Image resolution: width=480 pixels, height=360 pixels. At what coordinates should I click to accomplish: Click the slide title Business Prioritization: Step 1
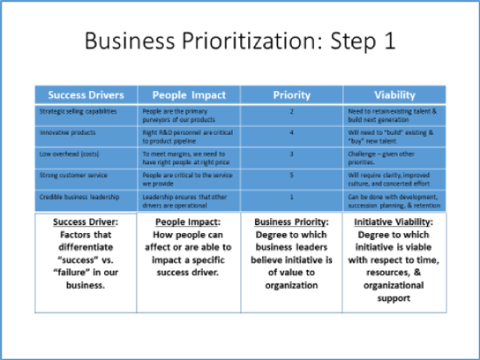240,42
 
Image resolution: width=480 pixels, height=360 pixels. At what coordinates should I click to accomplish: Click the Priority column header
292,94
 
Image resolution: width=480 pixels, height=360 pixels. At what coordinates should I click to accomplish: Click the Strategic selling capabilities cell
77,111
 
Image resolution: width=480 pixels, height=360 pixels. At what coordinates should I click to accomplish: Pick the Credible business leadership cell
77,195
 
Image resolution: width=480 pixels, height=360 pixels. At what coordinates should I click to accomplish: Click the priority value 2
292,112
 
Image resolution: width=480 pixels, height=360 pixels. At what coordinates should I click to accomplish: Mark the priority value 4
292,132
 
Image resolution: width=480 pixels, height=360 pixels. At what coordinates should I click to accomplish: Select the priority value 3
292,154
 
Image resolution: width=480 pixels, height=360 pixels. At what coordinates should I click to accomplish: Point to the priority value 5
292,175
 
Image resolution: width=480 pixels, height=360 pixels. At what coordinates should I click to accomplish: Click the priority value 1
292,195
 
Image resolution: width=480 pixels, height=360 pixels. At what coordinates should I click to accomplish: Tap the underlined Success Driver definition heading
86,221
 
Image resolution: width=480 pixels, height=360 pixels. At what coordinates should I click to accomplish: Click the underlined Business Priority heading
291,221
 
